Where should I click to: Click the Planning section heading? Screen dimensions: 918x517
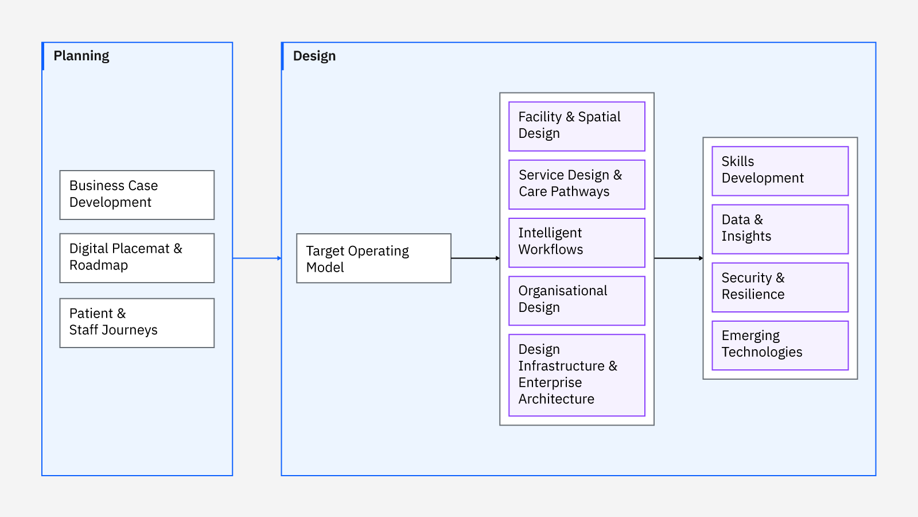click(81, 56)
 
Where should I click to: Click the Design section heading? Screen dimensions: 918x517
click(314, 56)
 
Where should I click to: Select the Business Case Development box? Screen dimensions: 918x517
click(137, 195)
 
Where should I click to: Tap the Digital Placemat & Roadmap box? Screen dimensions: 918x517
click(137, 258)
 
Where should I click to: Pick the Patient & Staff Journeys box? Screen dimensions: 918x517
click(137, 323)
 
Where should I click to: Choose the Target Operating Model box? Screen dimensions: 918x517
click(374, 258)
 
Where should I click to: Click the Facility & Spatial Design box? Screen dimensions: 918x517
click(577, 126)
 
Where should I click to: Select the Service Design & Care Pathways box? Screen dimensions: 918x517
click(577, 184)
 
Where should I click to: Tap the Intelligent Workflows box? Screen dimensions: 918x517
click(577, 242)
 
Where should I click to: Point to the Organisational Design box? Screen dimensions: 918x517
click(577, 301)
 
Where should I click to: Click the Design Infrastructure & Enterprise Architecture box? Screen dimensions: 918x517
click(577, 375)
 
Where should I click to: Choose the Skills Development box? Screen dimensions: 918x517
click(780, 171)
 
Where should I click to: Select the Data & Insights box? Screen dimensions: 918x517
click(780, 229)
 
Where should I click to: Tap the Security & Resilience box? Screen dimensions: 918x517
click(780, 287)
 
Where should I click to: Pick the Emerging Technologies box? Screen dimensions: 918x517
click(780, 345)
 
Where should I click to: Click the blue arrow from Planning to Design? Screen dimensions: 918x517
click(257, 258)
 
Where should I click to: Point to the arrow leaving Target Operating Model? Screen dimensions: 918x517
click(476, 258)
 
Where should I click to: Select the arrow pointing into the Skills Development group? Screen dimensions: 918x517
click(679, 258)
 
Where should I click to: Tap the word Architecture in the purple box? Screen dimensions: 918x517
click(556, 399)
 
